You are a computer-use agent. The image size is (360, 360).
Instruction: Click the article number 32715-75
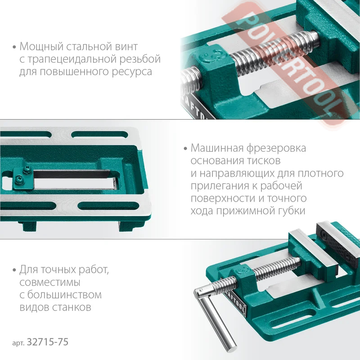[48, 342]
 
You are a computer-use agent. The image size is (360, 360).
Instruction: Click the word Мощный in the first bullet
[41, 47]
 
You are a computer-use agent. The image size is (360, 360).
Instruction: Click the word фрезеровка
[276, 148]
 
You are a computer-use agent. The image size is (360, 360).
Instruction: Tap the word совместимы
[50, 282]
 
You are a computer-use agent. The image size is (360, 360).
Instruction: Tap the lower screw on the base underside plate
[19, 180]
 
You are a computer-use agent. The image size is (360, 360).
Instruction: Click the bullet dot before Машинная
[185, 149]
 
